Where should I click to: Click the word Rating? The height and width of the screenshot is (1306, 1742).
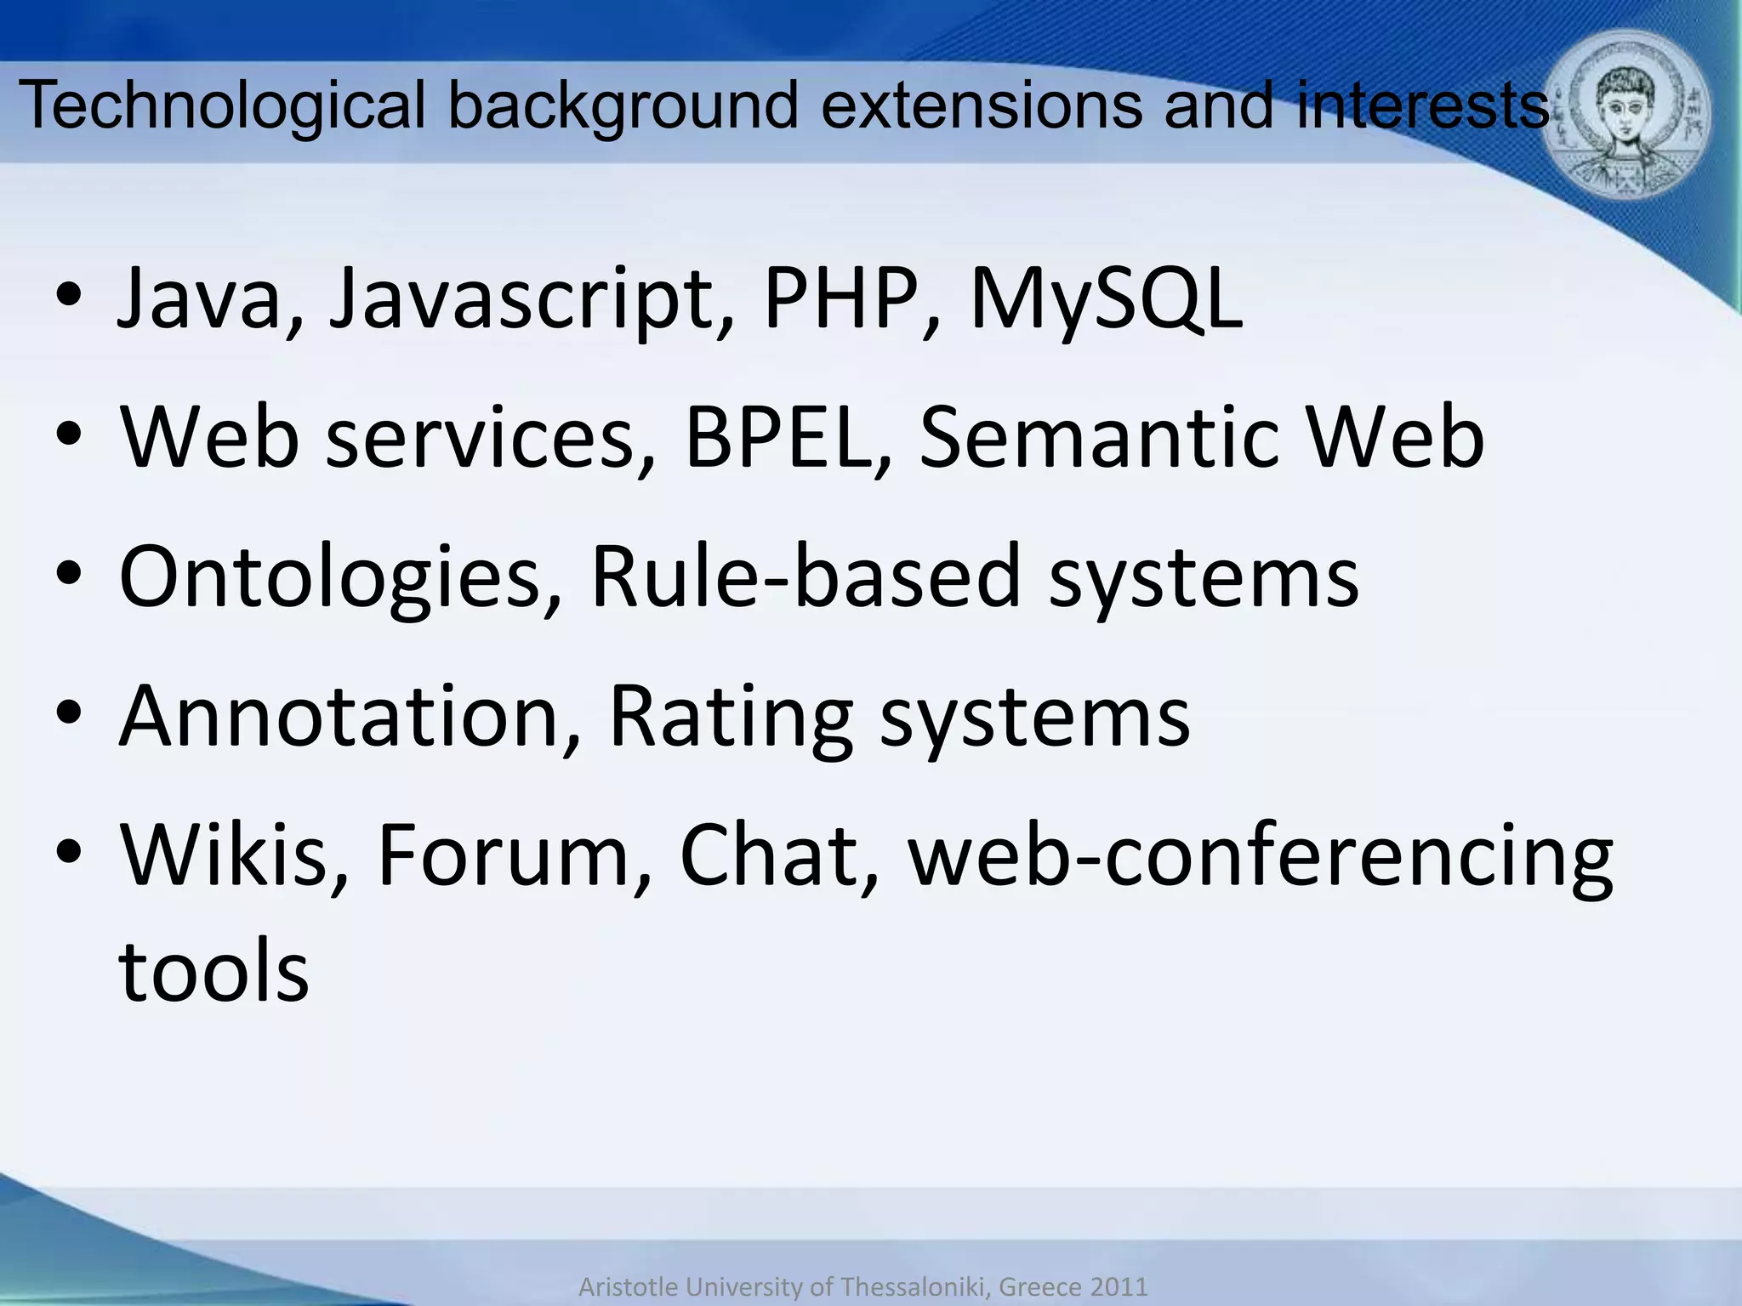tap(731, 718)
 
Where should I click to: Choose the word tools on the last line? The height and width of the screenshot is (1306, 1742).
tap(213, 970)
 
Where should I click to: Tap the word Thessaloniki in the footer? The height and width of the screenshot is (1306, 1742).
tap(915, 1287)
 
